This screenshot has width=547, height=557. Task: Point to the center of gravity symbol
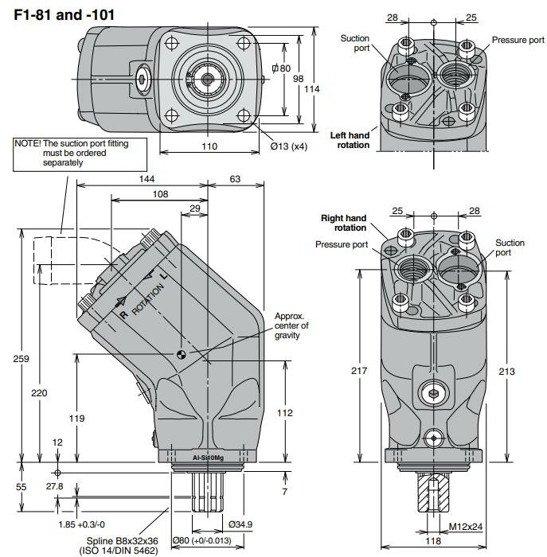coord(182,355)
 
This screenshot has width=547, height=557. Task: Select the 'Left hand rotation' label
coord(350,140)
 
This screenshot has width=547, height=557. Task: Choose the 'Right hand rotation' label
coord(343,223)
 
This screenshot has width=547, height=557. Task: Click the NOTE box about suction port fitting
coord(70,152)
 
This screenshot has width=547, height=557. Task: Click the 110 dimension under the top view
coord(209,146)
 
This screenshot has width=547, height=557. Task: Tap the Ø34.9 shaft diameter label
coord(240,524)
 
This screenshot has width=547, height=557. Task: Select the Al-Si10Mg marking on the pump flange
coord(208,458)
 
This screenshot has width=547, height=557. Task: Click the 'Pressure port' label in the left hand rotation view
coord(518,40)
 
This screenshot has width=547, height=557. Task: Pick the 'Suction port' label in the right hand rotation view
coord(510,247)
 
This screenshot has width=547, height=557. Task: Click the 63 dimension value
coord(235,179)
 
